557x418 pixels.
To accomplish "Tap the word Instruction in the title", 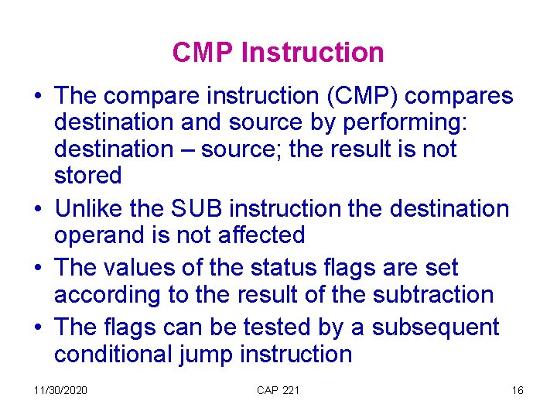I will pyautogui.click(x=313, y=53).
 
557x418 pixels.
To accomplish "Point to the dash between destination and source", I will pyautogui.click(x=189, y=149).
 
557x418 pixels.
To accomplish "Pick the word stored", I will pyautogui.click(x=87, y=176).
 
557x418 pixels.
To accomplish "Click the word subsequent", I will pyautogui.click(x=436, y=328).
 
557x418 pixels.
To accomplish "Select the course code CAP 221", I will pyautogui.click(x=278, y=390).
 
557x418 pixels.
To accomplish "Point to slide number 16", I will pyautogui.click(x=518, y=390).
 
